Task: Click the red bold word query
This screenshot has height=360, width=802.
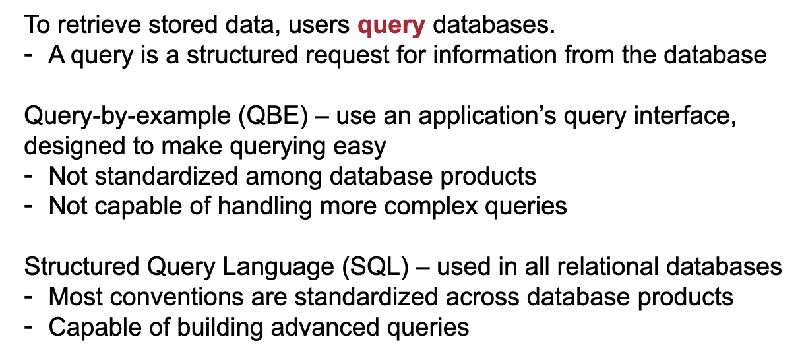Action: (x=391, y=26)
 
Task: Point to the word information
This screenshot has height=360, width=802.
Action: (x=495, y=55)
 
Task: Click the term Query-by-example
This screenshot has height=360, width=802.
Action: (x=127, y=117)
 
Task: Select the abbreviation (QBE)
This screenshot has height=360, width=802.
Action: (x=273, y=117)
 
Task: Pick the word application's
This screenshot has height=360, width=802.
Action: (x=487, y=117)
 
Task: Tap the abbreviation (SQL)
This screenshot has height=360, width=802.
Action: (x=375, y=268)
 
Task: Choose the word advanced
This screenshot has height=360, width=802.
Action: (x=324, y=328)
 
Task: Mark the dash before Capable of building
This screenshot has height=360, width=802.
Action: (x=28, y=327)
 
